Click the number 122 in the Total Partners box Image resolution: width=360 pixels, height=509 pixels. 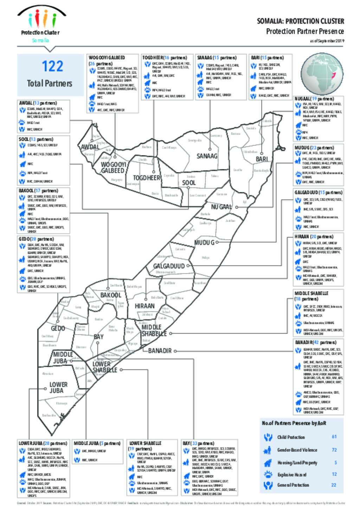[x=52, y=66]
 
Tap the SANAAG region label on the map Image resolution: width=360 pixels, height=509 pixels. [x=207, y=156]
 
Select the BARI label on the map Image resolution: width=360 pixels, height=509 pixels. [x=262, y=159]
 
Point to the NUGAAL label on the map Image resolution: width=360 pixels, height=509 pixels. [x=221, y=207]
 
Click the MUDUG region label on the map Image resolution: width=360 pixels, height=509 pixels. [x=204, y=243]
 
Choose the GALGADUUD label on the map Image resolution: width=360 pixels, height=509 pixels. [x=169, y=266]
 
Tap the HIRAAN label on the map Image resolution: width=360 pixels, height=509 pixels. [x=144, y=306]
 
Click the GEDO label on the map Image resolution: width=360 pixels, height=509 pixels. [x=58, y=328]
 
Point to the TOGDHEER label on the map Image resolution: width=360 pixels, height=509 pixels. [x=147, y=178]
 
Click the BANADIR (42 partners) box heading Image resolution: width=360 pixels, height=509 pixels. [x=315, y=342]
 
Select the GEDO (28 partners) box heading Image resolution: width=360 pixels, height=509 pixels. [x=36, y=239]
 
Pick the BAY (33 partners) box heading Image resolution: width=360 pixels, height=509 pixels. [x=198, y=443]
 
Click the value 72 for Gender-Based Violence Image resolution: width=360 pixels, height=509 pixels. [x=334, y=450]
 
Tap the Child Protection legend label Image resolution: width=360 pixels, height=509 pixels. [x=291, y=437]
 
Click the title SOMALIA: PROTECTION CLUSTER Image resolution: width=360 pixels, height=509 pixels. [x=301, y=21]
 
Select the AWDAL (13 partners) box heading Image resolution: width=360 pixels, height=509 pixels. [x=38, y=103]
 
